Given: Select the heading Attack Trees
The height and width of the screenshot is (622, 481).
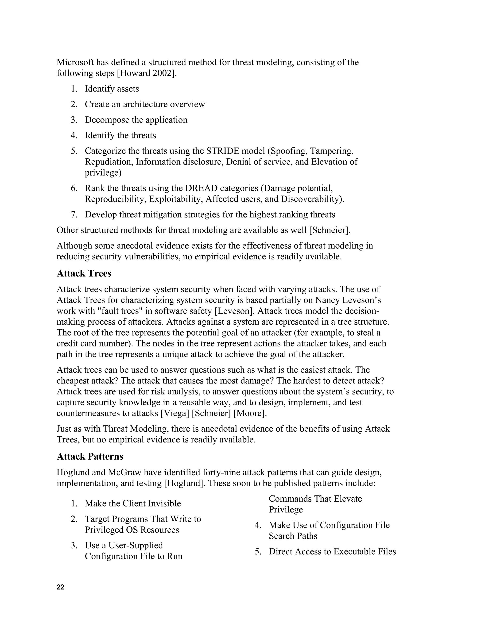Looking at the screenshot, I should tap(84, 273).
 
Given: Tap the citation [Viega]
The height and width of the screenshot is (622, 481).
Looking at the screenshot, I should tap(175, 413).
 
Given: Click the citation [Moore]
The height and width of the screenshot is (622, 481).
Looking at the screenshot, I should tap(250, 413).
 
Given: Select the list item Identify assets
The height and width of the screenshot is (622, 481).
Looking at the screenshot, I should tap(112, 89).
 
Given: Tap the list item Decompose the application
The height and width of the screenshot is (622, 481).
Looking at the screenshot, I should tap(136, 120).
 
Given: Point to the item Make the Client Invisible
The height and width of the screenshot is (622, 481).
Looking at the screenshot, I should tap(133, 503).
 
